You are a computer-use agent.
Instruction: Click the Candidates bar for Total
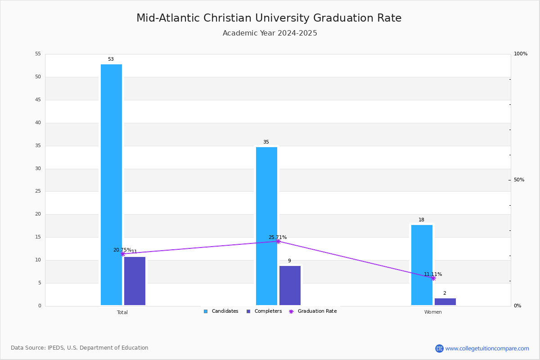[111, 184]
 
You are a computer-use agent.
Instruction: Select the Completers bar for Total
[135, 281]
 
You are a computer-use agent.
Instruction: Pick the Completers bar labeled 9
[290, 285]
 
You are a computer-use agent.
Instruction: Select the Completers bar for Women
[445, 301]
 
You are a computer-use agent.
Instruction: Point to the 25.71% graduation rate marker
[278, 241]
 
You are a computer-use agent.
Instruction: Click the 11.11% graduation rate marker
[433, 278]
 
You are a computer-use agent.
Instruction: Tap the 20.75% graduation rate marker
[122, 254]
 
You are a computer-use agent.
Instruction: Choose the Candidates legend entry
[221, 311]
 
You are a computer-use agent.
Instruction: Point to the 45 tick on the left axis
[38, 100]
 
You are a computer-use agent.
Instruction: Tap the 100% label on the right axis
[520, 54]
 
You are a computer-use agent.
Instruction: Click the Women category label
[433, 312]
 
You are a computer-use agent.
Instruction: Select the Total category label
[122, 312]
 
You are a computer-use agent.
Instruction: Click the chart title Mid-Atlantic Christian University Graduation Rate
[269, 18]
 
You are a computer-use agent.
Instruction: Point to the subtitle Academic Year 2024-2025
[270, 33]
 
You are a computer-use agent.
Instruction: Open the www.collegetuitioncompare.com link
[487, 348]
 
